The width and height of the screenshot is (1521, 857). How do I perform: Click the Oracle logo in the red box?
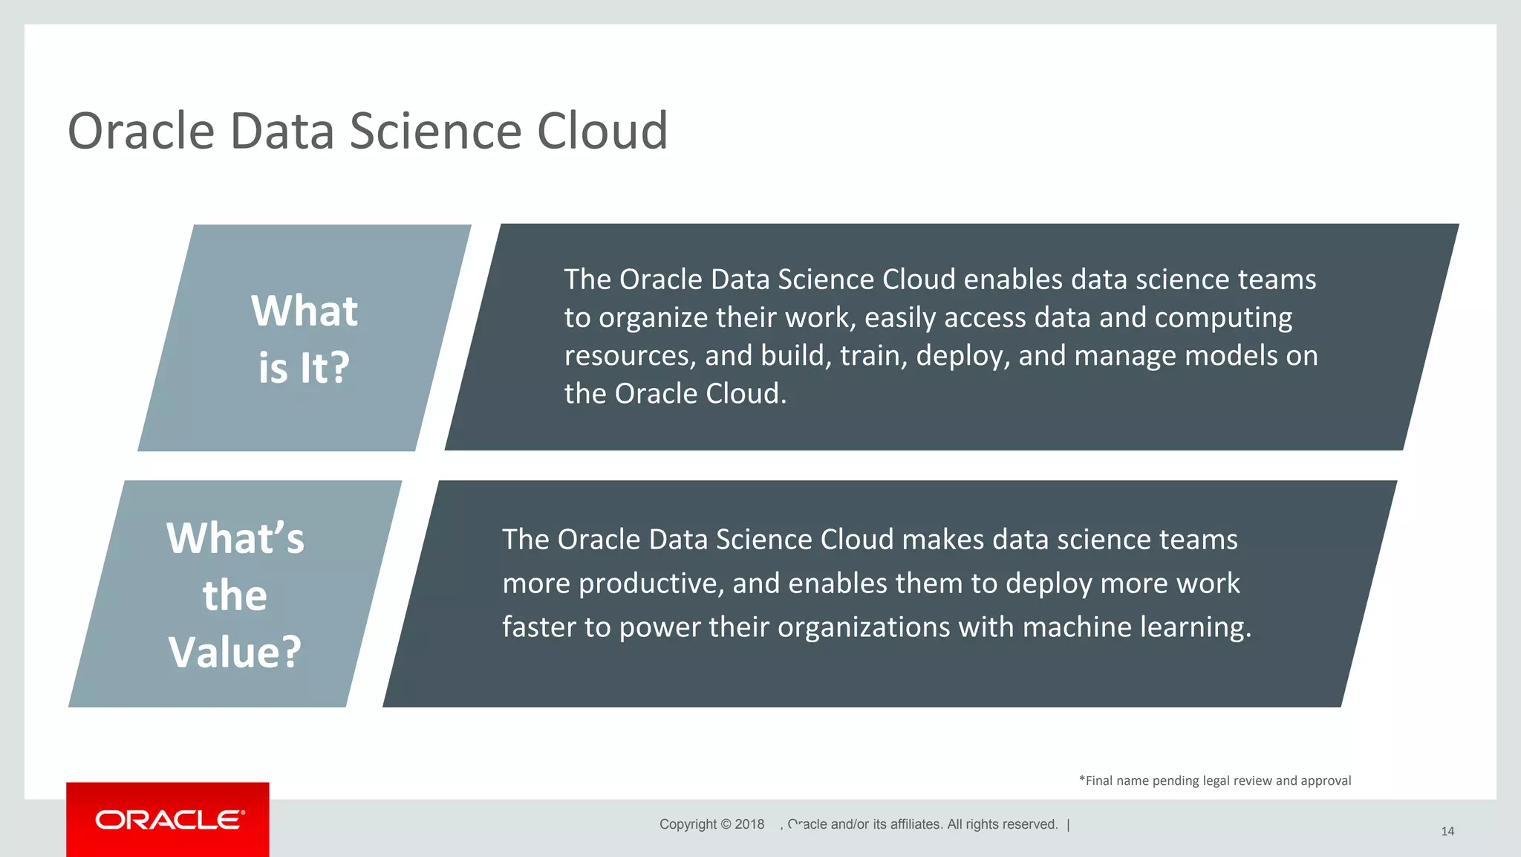pyautogui.click(x=169, y=820)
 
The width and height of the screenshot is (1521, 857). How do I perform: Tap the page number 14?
pyautogui.click(x=1447, y=831)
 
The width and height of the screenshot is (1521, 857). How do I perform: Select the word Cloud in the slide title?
pyautogui.click(x=602, y=131)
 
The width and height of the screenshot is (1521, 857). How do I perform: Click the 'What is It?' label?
pyautogui.click(x=304, y=339)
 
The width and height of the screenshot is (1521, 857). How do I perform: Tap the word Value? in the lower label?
pyautogui.click(x=235, y=652)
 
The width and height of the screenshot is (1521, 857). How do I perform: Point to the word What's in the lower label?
pyautogui.click(x=235, y=538)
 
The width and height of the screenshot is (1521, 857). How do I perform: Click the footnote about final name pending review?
pyautogui.click(x=1214, y=780)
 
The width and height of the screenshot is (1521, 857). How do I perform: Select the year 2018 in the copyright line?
pyautogui.click(x=749, y=824)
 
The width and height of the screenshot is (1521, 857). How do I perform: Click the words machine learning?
pyautogui.click(x=1136, y=627)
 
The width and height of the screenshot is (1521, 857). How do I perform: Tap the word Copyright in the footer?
pyautogui.click(x=688, y=824)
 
